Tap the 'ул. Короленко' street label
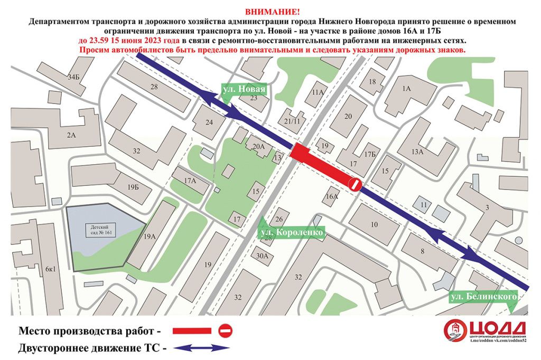coord(291,231)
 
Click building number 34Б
coord(73,77)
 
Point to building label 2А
coord(71,135)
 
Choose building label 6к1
coord(50,269)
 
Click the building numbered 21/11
coord(292,122)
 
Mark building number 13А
coord(418,152)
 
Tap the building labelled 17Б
coord(369,154)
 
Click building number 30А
coord(263,256)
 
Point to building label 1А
coord(406,89)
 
